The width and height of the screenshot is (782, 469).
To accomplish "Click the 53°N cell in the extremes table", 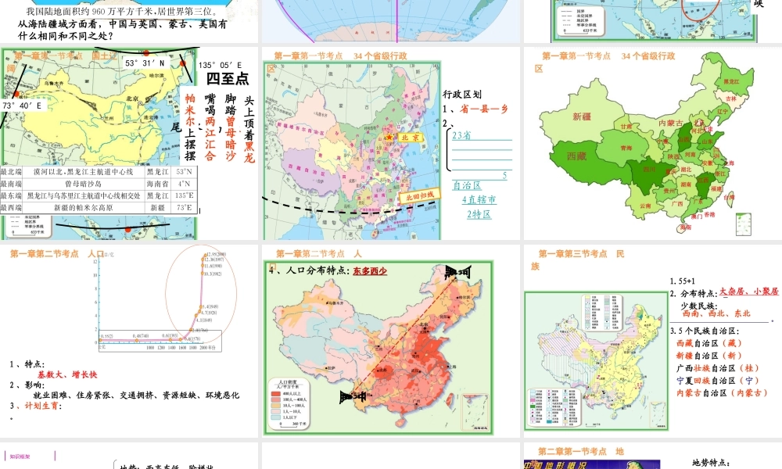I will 185,171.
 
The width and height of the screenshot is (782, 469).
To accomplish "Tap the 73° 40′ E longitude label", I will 22,106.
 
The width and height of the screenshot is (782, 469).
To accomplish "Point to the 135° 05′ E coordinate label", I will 220,66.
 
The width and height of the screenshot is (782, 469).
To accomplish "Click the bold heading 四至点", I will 227,79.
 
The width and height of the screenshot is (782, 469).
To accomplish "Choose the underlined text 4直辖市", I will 479,200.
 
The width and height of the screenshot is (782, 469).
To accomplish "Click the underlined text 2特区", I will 479,214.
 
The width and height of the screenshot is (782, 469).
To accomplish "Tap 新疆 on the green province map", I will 582,116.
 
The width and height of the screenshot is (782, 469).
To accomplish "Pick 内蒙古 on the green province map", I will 671,123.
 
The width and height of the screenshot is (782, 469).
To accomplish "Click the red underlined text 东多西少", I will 370,272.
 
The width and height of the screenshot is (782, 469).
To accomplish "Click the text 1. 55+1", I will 683,281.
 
